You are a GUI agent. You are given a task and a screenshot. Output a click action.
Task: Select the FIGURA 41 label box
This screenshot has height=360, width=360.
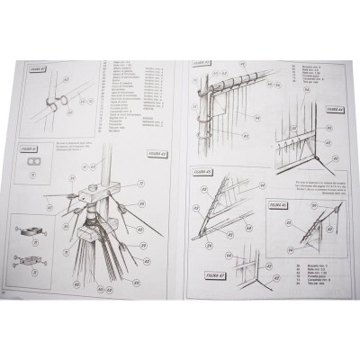point(30,146)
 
